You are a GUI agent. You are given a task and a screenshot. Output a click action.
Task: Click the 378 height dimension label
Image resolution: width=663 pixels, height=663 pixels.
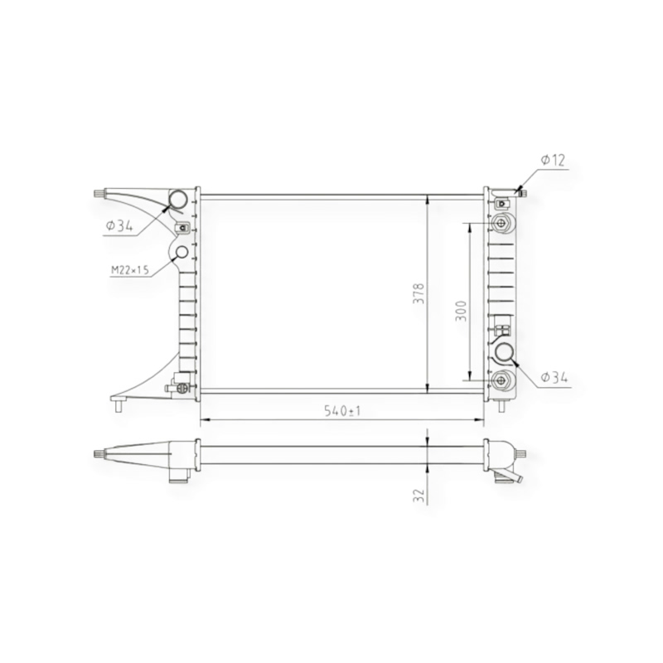tap(419, 293)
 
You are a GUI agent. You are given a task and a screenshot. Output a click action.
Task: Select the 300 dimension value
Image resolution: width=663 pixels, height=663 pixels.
tap(461, 311)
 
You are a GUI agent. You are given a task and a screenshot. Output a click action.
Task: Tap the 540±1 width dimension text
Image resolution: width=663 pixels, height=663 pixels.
tap(342, 410)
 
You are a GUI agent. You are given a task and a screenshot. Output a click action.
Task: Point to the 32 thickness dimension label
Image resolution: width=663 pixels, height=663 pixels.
tap(419, 495)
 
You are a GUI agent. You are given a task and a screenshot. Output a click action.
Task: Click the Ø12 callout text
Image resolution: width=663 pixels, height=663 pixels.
tap(553, 160)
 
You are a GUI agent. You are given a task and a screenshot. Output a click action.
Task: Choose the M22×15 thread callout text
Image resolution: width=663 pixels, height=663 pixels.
tap(130, 270)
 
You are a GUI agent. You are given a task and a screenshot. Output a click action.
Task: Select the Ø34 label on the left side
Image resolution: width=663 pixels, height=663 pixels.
tap(119, 226)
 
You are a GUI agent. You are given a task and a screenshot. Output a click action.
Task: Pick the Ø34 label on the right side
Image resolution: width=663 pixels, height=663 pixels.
tap(554, 377)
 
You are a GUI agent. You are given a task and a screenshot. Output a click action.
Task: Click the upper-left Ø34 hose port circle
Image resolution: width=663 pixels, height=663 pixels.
tap(178, 199)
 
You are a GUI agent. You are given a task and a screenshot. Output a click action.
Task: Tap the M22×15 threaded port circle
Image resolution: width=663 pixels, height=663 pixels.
tap(181, 252)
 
